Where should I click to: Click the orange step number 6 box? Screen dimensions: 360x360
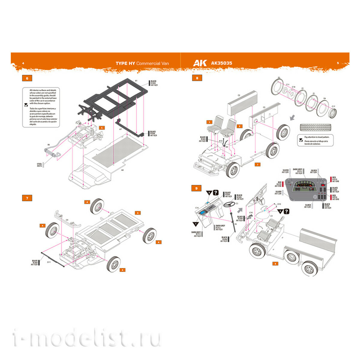click(x=27, y=78)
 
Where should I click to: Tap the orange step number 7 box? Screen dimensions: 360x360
click(x=27, y=198)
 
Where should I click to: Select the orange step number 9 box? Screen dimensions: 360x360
click(x=196, y=188)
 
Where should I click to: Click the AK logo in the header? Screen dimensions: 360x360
click(x=200, y=63)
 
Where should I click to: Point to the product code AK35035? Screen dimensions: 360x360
click(x=221, y=63)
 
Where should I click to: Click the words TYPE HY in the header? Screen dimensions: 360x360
click(x=125, y=63)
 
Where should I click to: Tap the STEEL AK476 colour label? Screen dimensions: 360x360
click(x=40, y=165)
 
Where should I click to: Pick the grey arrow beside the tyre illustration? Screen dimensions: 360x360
click(x=292, y=118)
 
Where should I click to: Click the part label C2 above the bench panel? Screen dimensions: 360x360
click(x=239, y=95)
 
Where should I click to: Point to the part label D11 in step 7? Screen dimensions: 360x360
click(x=49, y=262)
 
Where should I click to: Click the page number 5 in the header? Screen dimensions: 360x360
click(x=338, y=63)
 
